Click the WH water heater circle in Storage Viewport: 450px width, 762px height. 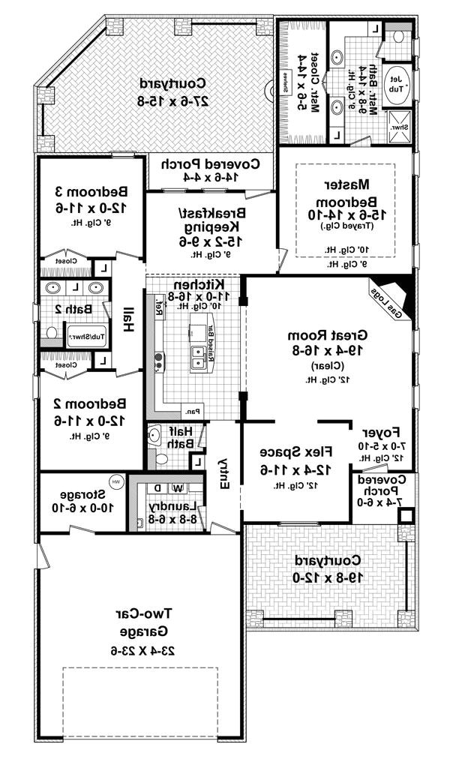pyautogui.click(x=117, y=481)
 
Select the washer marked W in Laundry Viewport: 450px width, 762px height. pyautogui.click(x=178, y=488)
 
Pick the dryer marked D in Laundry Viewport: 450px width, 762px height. pyautogui.click(x=157, y=488)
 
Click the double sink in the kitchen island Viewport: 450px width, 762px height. pyautogui.click(x=198, y=355)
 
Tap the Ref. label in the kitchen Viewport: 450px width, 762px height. pyautogui.click(x=159, y=307)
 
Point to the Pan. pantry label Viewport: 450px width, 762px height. pyautogui.click(x=192, y=410)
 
